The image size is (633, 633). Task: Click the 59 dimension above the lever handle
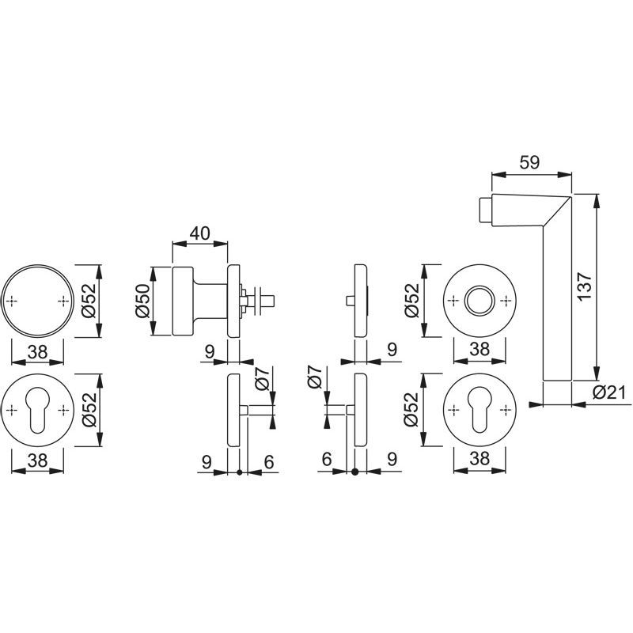click(x=529, y=162)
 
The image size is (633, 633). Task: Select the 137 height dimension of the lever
click(x=584, y=286)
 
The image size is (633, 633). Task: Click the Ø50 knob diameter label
click(x=142, y=301)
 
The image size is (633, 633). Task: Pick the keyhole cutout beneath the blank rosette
click(x=37, y=410)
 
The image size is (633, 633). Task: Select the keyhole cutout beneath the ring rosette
click(x=479, y=410)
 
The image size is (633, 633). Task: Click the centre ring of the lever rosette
click(x=479, y=301)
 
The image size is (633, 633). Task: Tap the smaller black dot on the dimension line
click(x=239, y=472)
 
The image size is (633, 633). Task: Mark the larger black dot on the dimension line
click(x=354, y=472)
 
